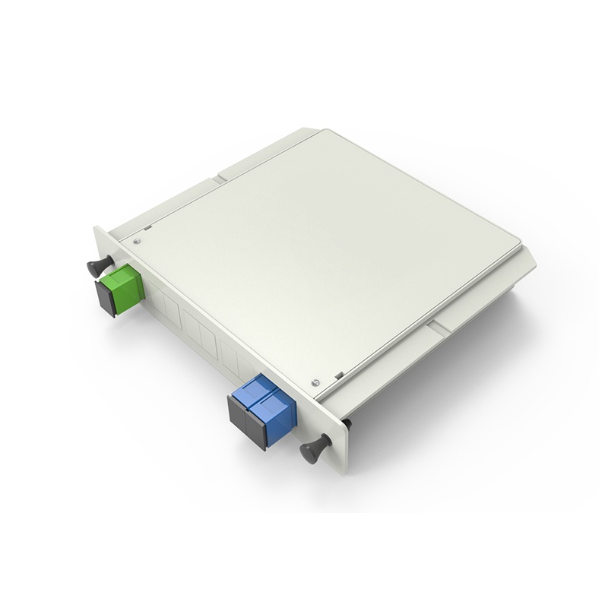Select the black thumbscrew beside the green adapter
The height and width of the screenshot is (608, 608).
click(x=97, y=266)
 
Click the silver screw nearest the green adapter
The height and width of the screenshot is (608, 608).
click(x=136, y=241)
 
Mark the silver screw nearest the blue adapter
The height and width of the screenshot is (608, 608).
click(x=315, y=382)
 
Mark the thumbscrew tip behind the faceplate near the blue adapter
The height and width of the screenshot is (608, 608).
click(x=347, y=423)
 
